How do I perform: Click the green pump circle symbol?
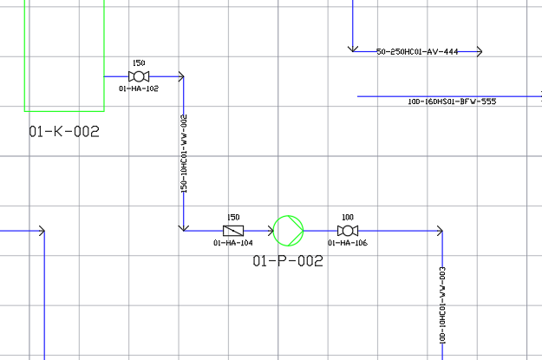click(x=289, y=231)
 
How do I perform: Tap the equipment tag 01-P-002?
click(x=288, y=261)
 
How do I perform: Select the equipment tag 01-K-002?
click(x=64, y=133)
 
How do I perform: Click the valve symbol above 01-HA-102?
click(x=139, y=76)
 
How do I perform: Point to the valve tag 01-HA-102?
click(x=139, y=88)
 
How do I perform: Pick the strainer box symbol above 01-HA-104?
click(x=233, y=231)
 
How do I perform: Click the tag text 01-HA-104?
click(x=233, y=243)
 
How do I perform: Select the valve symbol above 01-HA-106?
click(x=348, y=231)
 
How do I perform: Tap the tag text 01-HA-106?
click(x=348, y=243)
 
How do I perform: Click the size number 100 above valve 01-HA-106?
click(x=348, y=218)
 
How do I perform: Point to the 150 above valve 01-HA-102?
click(x=139, y=63)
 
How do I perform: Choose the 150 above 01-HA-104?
click(x=233, y=218)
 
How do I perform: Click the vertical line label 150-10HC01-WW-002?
click(x=184, y=154)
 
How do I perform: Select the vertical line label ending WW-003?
click(x=442, y=305)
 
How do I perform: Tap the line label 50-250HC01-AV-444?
click(x=417, y=52)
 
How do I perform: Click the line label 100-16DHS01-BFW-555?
click(x=452, y=101)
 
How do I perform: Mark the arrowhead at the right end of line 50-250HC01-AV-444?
click(x=480, y=52)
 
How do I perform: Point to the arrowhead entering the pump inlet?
click(x=271, y=231)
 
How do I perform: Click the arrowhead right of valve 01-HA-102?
click(x=180, y=76)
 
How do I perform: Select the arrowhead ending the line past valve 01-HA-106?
click(x=440, y=231)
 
